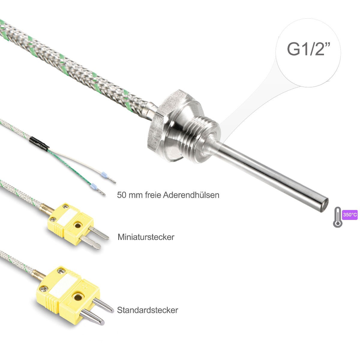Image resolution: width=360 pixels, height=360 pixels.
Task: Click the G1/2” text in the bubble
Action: tap(309, 49)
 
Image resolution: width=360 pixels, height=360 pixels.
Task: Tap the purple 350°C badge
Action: tap(350, 215)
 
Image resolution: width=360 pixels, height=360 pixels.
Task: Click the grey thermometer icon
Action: tap(337, 217)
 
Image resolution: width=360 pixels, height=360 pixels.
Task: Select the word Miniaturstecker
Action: tap(146, 237)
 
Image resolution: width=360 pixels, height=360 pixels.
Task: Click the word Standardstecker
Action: tap(147, 310)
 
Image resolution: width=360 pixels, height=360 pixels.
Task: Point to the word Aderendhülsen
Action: tap(191, 195)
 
